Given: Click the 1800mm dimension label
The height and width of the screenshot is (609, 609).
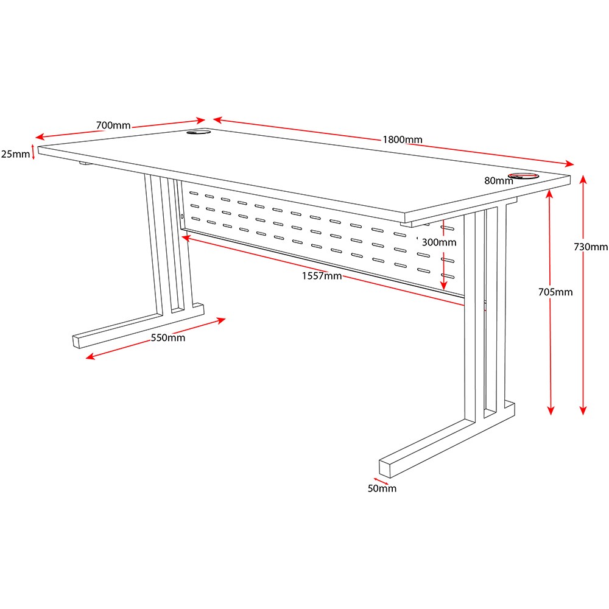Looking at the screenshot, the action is [403, 139].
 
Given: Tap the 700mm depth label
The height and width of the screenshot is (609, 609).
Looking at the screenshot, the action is [113, 125].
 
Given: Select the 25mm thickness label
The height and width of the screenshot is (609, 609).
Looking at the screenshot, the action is [16, 154].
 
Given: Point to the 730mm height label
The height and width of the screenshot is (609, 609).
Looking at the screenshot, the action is [591, 247].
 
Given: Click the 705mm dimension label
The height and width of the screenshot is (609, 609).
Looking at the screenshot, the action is [555, 292].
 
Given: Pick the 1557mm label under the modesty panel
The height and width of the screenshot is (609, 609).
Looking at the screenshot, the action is [322, 276].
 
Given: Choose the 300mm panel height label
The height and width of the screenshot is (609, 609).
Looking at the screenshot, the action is [439, 242].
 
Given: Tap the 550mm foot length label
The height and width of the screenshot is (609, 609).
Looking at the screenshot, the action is [168, 338].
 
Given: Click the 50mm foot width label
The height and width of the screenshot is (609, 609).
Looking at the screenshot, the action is [382, 488].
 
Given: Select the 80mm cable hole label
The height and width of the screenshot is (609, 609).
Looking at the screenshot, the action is [499, 181].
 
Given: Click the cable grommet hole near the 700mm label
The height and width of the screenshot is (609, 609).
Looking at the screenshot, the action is [199, 132].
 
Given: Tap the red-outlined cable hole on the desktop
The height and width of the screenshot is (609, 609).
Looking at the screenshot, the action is [524, 175].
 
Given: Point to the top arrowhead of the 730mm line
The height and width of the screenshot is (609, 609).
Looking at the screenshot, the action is [583, 179].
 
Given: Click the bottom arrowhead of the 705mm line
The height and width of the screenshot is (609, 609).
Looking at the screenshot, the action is [551, 411].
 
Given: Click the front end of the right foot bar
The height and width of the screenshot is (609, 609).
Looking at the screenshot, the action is [385, 469].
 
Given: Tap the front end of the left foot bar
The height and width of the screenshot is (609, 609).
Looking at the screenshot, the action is [76, 342].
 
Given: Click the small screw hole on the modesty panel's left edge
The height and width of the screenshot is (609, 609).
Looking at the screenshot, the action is [182, 216].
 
